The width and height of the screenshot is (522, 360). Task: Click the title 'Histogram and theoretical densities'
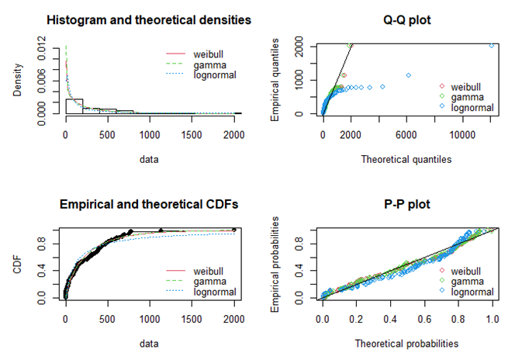[x=148, y=19]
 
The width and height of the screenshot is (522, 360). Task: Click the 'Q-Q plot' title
[x=409, y=19]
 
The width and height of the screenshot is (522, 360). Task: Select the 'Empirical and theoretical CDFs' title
[x=148, y=205]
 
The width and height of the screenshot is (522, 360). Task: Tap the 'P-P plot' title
[x=409, y=205]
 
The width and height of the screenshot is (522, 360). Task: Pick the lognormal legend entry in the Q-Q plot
[x=468, y=106]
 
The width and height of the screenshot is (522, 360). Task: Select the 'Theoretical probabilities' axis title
[x=409, y=343]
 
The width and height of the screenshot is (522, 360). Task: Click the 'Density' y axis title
[x=17, y=81]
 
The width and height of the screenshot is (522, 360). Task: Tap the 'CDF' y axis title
[x=17, y=264]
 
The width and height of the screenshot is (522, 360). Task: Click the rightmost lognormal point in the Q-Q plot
[x=491, y=46]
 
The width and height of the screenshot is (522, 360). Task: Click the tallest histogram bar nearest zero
[x=74, y=106]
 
